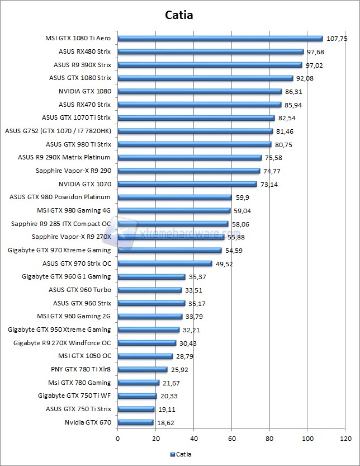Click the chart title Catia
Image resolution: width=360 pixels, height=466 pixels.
[179, 15]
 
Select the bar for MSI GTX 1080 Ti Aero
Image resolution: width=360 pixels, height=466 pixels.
[220, 39]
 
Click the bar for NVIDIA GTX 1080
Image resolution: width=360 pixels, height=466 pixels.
[200, 91]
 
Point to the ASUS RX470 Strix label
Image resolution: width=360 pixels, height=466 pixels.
[84, 105]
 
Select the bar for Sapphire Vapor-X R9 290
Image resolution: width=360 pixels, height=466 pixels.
[189, 171]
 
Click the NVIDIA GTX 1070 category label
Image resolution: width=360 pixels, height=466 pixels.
[84, 184]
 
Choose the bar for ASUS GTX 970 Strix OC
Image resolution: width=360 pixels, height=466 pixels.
[165, 263]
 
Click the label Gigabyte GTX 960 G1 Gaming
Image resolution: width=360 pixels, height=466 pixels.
[66, 276]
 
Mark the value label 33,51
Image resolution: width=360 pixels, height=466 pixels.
[193, 290]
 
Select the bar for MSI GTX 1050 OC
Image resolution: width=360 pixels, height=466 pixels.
[145, 356]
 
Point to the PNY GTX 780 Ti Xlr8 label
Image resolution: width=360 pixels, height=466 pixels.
[80, 369]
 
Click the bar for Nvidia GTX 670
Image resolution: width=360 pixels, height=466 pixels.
[135, 422]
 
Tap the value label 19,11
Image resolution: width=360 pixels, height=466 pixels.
[165, 409]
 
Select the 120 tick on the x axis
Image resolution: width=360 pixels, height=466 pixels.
[345, 438]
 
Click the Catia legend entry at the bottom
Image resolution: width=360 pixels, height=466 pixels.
[180, 455]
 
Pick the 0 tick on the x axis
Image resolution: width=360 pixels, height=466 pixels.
[117, 438]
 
